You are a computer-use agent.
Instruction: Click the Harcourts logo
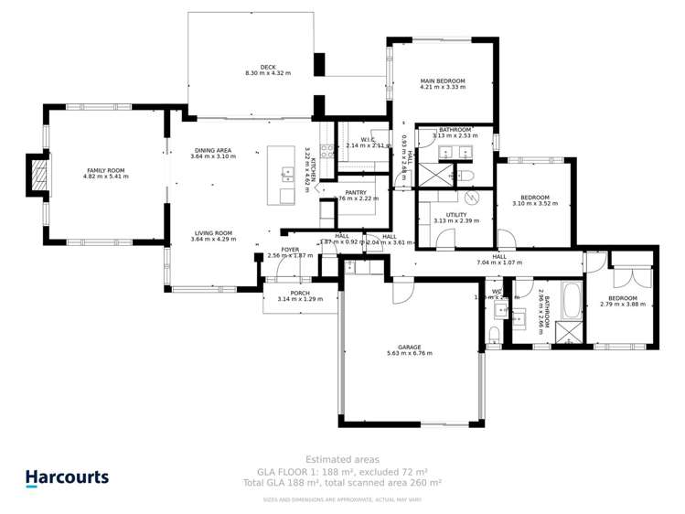[66, 477]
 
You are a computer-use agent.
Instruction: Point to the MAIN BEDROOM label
[443, 81]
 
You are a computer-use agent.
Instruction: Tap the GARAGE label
[409, 347]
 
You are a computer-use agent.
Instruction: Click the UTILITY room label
[456, 214]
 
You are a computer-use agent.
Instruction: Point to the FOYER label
[290, 250]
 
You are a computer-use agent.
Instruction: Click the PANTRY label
[356, 192]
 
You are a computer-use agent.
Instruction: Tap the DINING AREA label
[213, 150]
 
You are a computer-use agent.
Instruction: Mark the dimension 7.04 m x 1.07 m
[499, 263]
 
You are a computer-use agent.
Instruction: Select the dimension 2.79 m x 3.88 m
[624, 305]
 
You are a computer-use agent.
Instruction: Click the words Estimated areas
[341, 459]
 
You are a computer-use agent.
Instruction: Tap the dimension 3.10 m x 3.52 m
[534, 204]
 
